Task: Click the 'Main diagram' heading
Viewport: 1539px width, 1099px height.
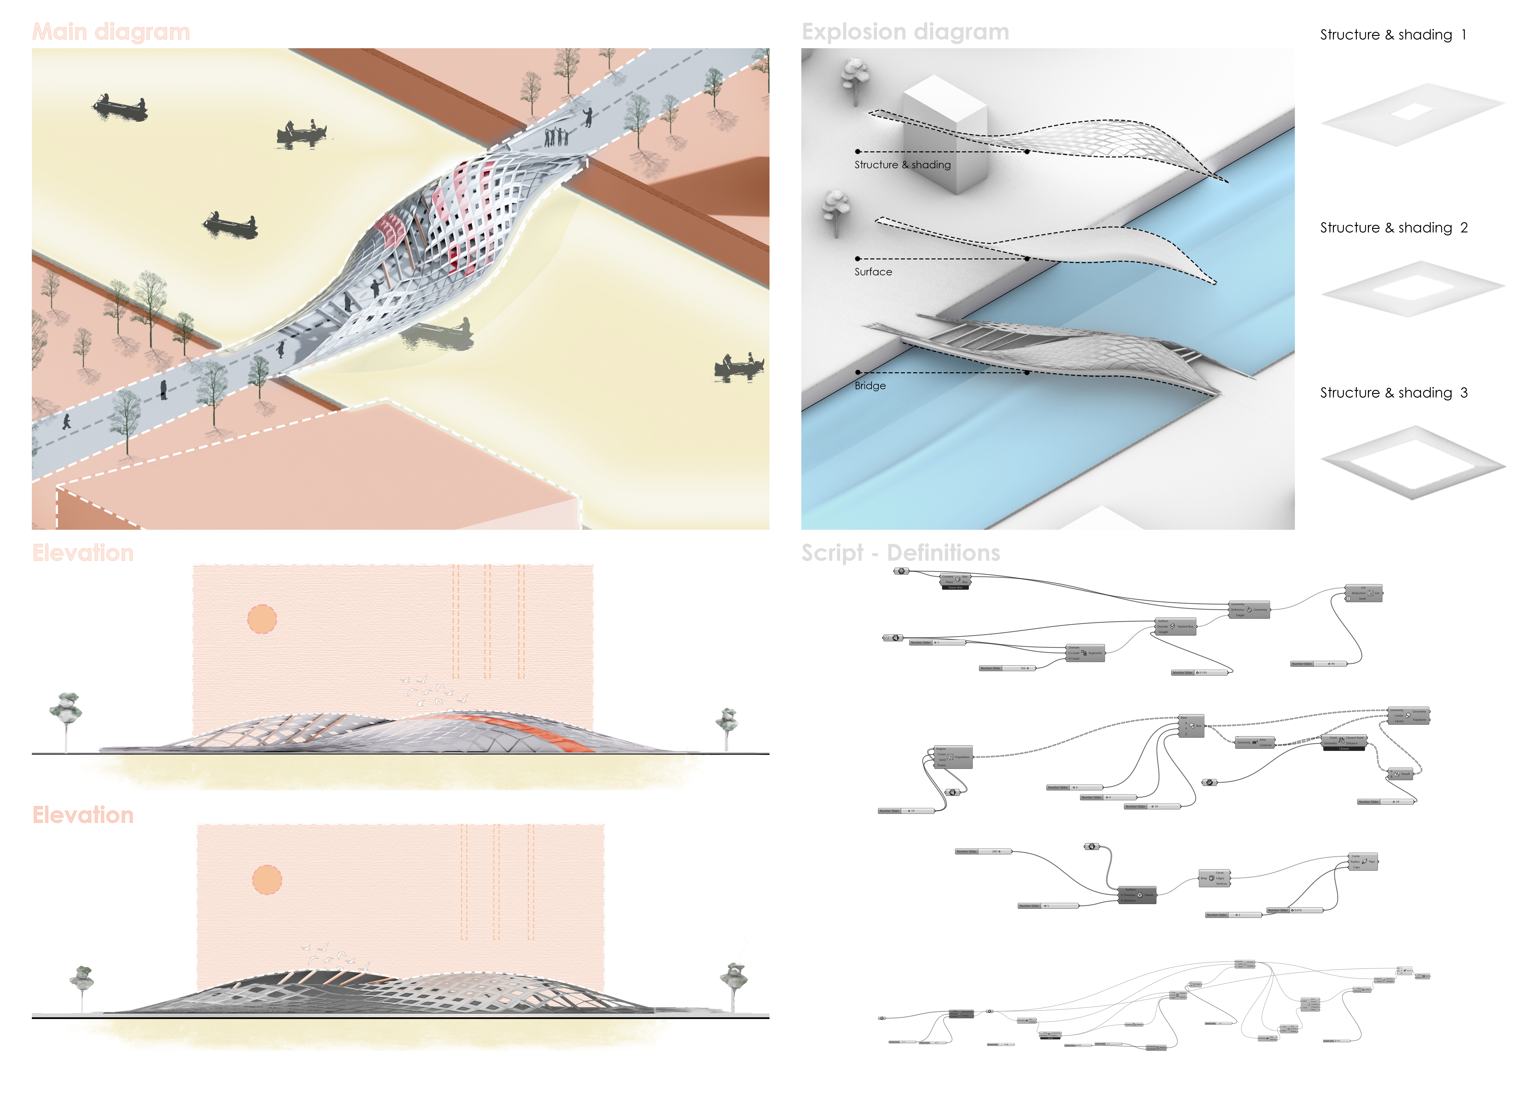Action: click(111, 32)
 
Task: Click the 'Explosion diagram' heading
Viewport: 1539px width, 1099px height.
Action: click(905, 32)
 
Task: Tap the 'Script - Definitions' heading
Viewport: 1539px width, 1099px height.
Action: click(900, 553)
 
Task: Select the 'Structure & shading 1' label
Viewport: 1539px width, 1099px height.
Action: click(1393, 34)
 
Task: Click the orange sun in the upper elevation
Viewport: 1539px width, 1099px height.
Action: click(262, 619)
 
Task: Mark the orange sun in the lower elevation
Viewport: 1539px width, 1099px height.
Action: click(267, 880)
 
